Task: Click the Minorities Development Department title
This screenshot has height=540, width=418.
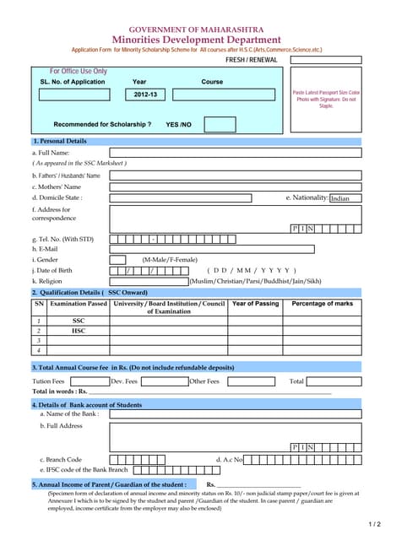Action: [196, 40]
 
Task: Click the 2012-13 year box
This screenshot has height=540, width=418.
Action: [145, 94]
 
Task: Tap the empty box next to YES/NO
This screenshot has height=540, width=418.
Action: [220, 124]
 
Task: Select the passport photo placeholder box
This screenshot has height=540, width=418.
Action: [326, 100]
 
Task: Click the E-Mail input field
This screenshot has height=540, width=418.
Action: [211, 249]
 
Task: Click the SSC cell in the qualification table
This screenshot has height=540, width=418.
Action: [79, 321]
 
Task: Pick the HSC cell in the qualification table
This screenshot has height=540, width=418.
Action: [79, 332]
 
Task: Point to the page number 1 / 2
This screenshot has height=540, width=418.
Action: [375, 525]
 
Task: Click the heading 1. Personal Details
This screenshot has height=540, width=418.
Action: [59, 141]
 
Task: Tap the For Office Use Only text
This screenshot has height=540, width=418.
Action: [79, 72]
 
